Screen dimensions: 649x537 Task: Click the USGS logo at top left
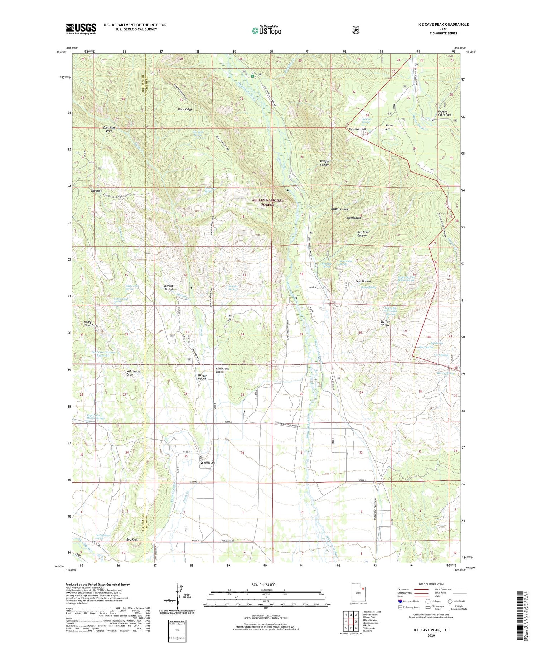81,29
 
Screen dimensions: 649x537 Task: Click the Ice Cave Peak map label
357,129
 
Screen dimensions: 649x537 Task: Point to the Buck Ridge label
185,110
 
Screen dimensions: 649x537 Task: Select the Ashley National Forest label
267,203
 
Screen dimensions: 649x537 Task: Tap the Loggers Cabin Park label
444,113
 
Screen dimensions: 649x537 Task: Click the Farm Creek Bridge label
222,370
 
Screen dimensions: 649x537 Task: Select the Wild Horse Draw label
133,373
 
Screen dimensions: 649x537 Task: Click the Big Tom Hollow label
385,323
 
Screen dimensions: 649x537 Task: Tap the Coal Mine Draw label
108,129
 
